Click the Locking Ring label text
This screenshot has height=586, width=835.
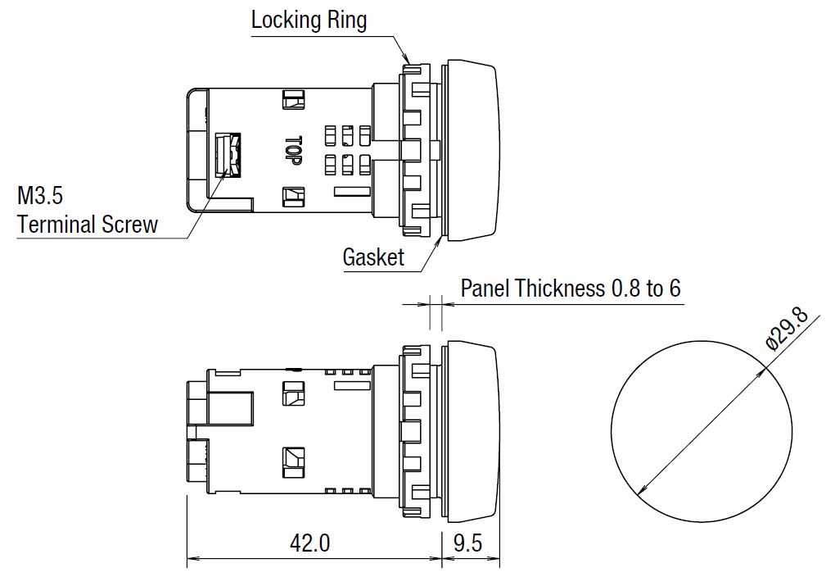pos(309,20)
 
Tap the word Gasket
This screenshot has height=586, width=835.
pos(373,257)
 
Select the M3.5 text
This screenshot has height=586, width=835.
pos(40,196)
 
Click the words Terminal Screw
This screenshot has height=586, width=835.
pos(88,225)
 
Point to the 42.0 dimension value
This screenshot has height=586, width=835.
pos(310,543)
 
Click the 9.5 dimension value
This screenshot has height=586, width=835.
pos(467,543)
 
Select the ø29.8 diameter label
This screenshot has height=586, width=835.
pos(787,329)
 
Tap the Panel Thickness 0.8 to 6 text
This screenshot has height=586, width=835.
pos(571,288)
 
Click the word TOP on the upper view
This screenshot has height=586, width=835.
pos(293,151)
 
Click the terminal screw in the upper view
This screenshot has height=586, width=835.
pos(228,155)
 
